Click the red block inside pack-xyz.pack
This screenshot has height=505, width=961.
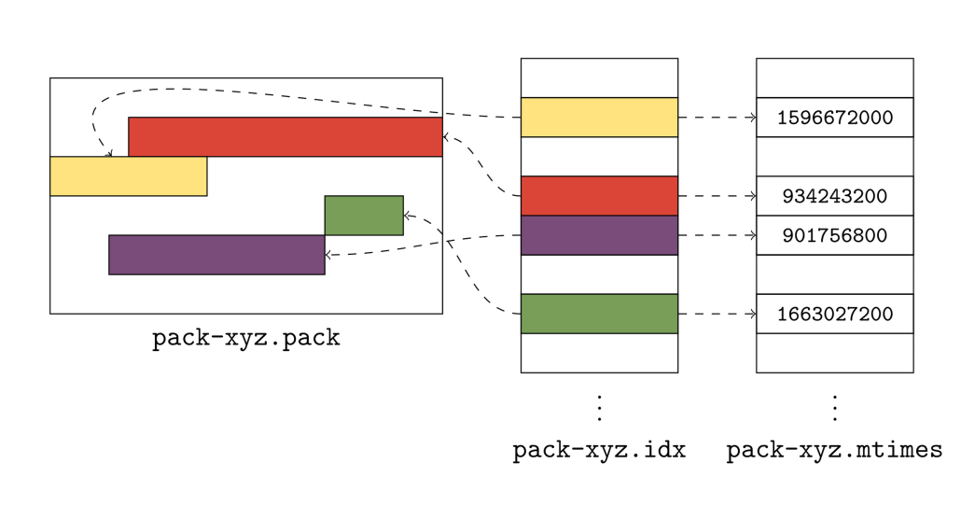285,137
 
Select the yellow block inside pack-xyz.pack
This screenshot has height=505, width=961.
128,176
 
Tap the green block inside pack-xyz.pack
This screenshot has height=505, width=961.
363,216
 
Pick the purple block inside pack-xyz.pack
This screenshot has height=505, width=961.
216,255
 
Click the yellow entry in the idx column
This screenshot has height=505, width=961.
599,118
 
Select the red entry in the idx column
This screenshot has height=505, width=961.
599,196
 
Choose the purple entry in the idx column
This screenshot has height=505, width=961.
599,235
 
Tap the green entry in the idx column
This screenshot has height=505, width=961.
599,314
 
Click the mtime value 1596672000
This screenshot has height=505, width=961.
834,119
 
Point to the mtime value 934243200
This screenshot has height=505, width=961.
834,197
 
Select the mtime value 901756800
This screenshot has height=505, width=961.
834,236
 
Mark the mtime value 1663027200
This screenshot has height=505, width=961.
834,315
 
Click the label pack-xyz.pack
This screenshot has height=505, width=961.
245,338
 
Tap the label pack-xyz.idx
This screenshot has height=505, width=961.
599,451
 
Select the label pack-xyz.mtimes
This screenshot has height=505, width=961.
834,451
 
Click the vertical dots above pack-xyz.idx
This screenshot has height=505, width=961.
599,408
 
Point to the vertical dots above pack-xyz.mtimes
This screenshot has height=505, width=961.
834,408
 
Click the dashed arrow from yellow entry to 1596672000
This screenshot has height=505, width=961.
717,118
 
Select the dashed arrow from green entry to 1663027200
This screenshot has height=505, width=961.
717,314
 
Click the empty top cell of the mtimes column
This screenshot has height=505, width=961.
834,77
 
